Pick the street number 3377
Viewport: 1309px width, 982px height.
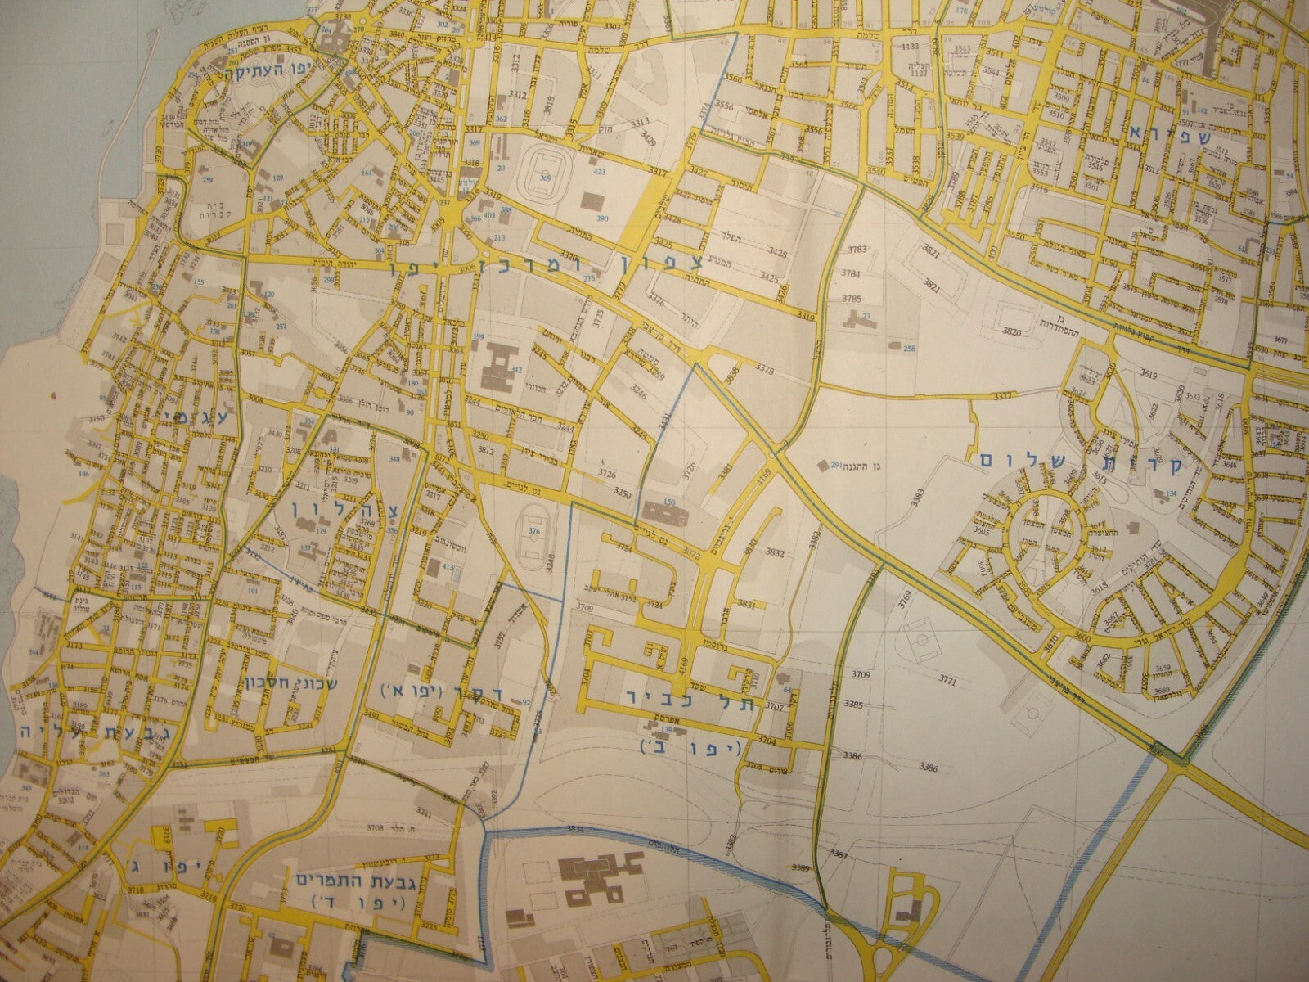click(1001, 396)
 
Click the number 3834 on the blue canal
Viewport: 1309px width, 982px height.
click(576, 829)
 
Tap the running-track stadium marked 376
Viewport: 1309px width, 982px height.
click(533, 536)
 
